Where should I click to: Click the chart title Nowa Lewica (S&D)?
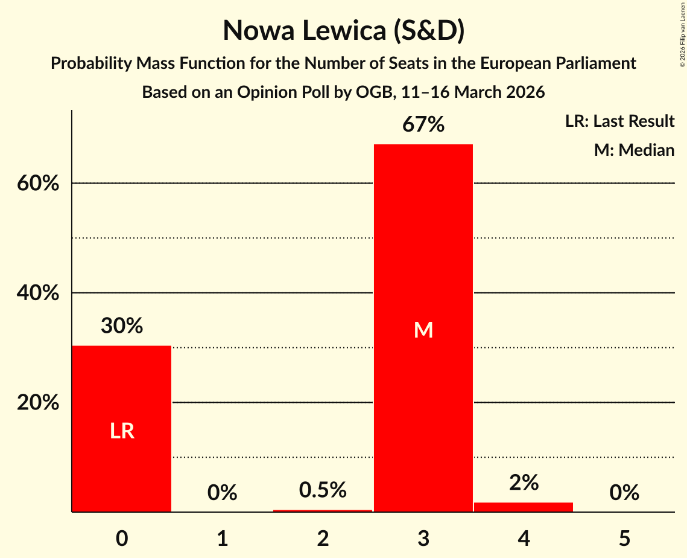343,30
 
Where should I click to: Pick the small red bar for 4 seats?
524,507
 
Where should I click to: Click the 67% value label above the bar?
423,125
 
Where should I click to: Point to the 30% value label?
122,326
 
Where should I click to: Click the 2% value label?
524,483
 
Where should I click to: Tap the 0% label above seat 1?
222,493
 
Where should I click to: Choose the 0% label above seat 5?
624,493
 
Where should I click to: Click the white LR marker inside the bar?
122,431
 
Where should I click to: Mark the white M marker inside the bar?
423,330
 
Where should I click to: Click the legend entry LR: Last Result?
619,121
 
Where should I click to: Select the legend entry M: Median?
634,150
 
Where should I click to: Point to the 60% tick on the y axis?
38,184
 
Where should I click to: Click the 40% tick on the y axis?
38,293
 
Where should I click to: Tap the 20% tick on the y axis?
38,403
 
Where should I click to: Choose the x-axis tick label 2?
323,538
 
